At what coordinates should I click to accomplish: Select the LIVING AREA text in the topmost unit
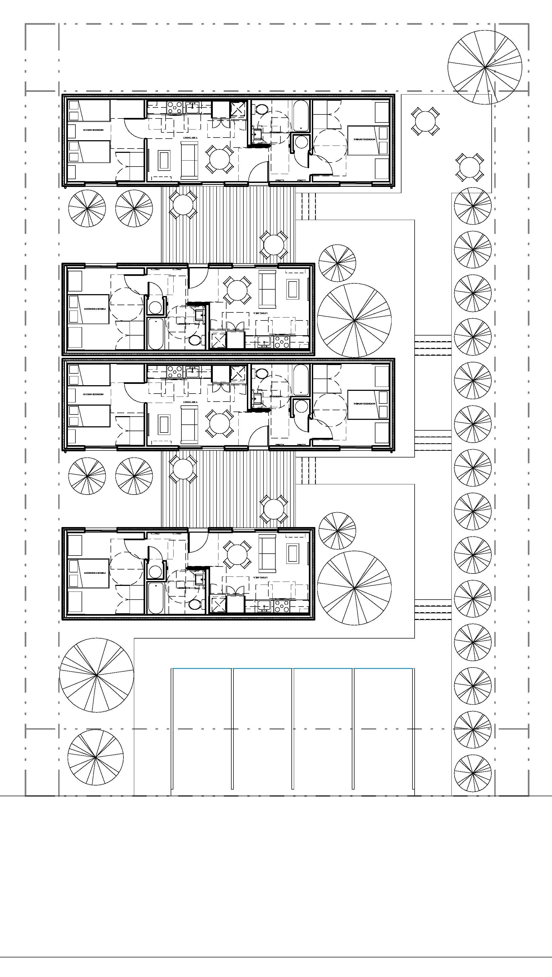[190, 137]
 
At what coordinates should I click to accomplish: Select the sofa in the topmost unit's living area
[189, 160]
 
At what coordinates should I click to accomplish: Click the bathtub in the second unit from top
[155, 334]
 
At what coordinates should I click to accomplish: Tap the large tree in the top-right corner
[485, 67]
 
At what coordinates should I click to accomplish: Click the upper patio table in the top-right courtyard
[425, 121]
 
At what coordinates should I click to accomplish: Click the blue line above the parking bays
[293, 668]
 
